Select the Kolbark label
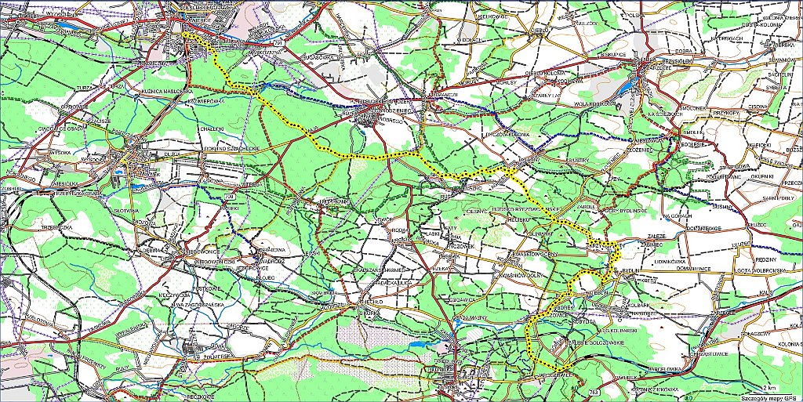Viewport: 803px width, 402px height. click(640, 297)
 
